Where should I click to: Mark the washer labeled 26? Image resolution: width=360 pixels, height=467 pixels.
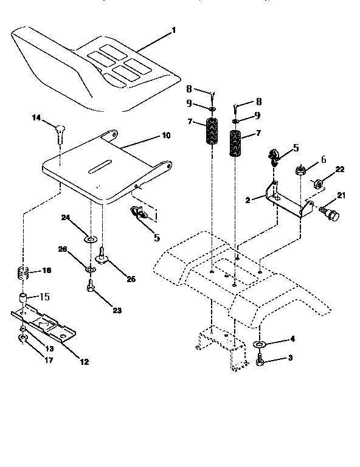90,269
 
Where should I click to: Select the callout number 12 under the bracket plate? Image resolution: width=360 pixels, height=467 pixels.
84,362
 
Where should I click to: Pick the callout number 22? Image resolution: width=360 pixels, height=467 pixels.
340,169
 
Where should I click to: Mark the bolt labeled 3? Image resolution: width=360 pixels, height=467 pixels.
260,362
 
